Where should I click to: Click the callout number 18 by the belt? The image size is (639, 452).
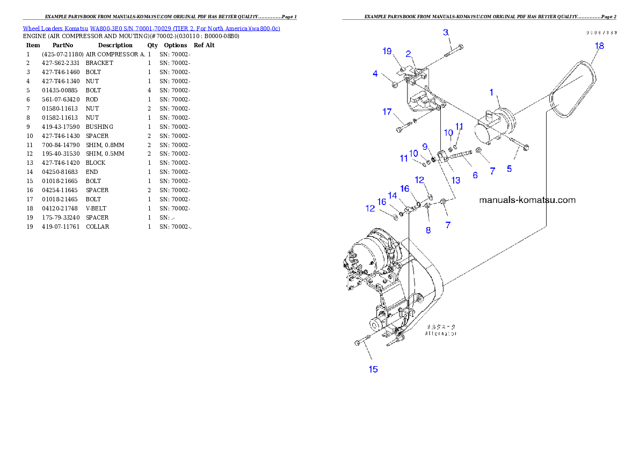point(599,46)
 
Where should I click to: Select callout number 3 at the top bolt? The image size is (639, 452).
point(446,33)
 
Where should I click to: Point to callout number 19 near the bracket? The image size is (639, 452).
point(387,52)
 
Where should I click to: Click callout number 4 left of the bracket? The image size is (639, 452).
point(375,74)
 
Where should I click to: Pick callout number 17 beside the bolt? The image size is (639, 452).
point(387,112)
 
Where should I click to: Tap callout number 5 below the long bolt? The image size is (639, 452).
point(509,168)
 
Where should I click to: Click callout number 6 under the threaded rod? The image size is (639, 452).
point(475,175)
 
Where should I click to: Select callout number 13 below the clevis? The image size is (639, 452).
point(455,180)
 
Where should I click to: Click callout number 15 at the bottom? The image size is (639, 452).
point(373,369)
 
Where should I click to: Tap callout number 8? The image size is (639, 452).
point(428,230)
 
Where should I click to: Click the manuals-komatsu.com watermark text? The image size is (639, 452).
point(527,200)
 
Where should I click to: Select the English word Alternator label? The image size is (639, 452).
point(441,333)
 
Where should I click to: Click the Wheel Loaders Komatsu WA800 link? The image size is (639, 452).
point(151,28)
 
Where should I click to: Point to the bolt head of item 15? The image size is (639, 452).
point(358,342)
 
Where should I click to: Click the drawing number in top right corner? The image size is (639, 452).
point(601,32)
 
